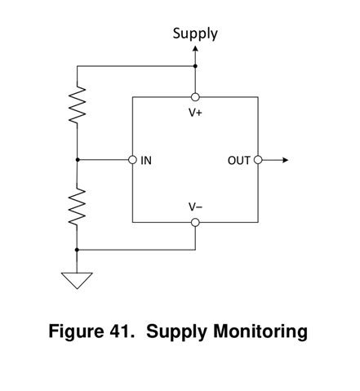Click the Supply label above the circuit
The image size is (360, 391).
(x=195, y=33)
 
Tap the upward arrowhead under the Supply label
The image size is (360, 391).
(x=195, y=49)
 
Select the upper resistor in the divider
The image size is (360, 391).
(x=77, y=106)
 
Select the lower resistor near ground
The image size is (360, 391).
(x=77, y=207)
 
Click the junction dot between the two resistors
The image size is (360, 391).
(x=77, y=160)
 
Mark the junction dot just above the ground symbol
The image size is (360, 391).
(x=77, y=249)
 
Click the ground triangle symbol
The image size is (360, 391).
(x=77, y=280)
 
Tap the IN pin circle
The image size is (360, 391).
(x=132, y=160)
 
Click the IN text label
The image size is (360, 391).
(x=146, y=161)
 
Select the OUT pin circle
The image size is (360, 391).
(x=258, y=160)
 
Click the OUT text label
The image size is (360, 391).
(x=238, y=161)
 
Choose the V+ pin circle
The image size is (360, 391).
(x=195, y=97)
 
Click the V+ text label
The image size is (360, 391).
(x=195, y=112)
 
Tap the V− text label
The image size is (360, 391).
(x=195, y=207)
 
